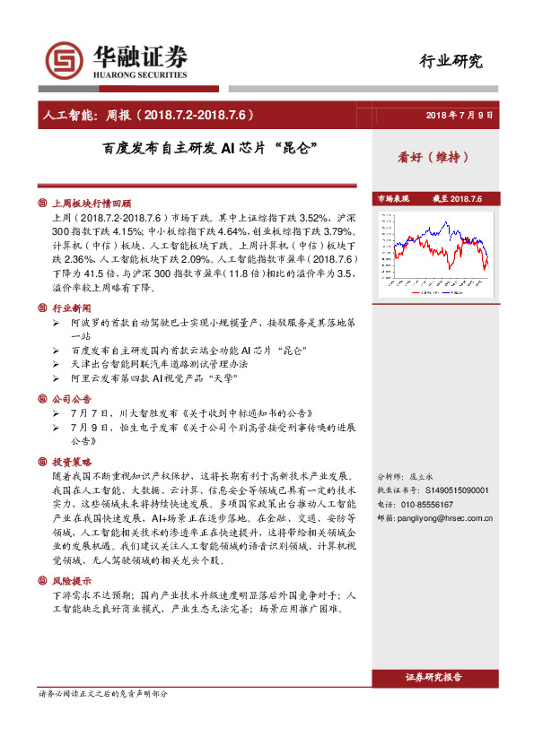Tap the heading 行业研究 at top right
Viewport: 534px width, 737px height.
[x=451, y=61]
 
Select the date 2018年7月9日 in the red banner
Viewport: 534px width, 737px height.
[x=460, y=116]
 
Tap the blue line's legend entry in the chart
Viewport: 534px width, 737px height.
[x=456, y=290]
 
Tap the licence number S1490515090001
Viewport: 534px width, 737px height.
[x=455, y=490]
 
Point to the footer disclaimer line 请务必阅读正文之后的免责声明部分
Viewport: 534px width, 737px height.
[x=102, y=694]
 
